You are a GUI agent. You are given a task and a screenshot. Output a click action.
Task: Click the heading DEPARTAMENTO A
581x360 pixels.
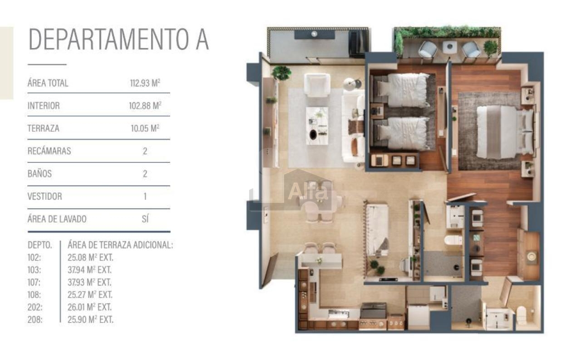tap(118, 39)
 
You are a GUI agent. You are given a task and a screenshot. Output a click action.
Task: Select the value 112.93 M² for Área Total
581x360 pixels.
tap(145, 83)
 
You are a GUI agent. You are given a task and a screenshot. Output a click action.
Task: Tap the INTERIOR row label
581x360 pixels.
tap(44, 106)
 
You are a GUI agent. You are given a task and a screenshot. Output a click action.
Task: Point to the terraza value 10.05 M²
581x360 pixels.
tap(145, 128)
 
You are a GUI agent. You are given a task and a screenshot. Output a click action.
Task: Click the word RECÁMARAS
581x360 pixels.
tap(49, 151)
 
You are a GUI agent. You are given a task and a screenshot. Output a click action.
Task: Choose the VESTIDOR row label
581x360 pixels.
tap(45, 196)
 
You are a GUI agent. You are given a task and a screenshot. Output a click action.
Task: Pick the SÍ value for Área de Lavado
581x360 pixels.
tap(145, 219)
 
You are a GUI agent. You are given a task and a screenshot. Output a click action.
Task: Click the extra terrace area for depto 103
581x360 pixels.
tap(89, 270)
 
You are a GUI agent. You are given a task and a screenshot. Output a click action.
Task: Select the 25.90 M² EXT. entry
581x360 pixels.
tap(90, 320)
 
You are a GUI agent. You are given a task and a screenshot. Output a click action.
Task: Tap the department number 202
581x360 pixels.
tap(35, 307)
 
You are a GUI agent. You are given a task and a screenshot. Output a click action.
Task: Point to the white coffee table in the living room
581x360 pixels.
tap(317, 126)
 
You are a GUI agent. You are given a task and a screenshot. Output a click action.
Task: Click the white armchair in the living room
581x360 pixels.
tap(317, 85)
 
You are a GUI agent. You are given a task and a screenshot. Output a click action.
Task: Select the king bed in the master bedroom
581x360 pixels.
tap(504, 132)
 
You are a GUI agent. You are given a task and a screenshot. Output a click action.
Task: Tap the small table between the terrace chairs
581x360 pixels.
tap(450, 47)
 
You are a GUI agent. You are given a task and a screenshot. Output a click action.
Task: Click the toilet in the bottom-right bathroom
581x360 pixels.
tap(522, 315)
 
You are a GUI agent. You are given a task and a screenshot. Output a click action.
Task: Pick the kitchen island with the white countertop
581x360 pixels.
tap(377, 230)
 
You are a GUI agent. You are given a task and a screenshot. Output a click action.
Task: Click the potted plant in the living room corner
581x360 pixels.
tap(281, 73)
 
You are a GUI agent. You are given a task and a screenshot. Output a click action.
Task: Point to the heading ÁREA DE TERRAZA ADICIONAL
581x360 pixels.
tap(120, 245)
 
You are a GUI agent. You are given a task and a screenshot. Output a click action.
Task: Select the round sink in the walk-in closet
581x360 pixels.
tap(532, 256)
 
